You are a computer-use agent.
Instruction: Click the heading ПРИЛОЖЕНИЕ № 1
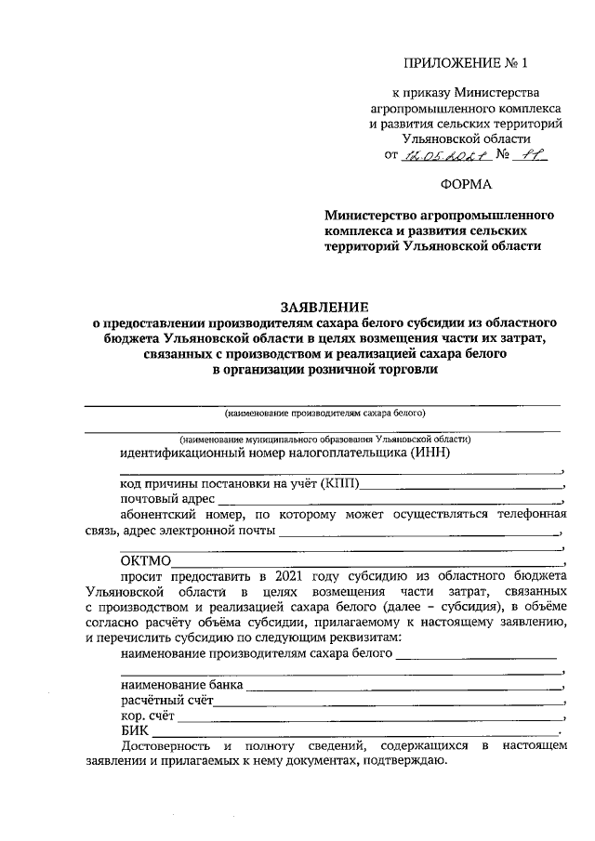(x=465, y=63)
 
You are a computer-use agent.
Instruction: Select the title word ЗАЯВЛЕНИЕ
(x=324, y=306)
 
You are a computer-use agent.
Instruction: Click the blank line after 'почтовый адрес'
(x=390, y=501)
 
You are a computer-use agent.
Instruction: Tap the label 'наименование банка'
(x=181, y=684)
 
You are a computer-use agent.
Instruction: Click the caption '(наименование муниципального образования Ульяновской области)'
(x=325, y=438)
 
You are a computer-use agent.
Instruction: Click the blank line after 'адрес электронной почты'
(x=418, y=532)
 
